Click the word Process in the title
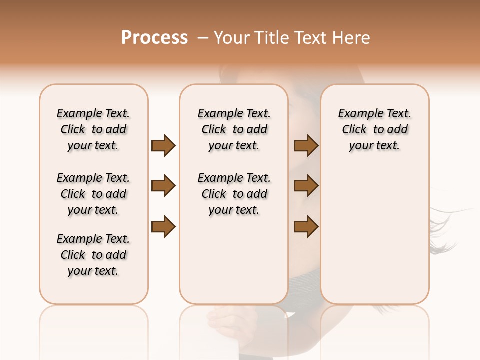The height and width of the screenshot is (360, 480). (x=154, y=38)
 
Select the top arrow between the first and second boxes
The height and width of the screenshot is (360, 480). (x=163, y=146)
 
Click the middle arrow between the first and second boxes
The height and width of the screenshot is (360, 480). (x=163, y=186)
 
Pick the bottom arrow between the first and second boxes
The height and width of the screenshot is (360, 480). (x=163, y=227)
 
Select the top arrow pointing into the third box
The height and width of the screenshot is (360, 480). (x=306, y=146)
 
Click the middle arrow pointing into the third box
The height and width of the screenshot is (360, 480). (x=306, y=186)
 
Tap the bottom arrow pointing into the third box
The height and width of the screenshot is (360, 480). (x=306, y=227)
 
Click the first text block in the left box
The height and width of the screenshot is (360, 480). (x=93, y=129)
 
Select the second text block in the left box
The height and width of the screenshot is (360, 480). (x=93, y=194)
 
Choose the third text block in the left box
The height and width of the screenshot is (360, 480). (x=93, y=255)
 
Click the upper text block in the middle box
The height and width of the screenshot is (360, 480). (x=234, y=129)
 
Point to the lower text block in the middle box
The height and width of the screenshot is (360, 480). (x=234, y=194)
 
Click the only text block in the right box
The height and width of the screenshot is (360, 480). (x=374, y=129)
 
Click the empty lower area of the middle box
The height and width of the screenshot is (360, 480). (x=234, y=260)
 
